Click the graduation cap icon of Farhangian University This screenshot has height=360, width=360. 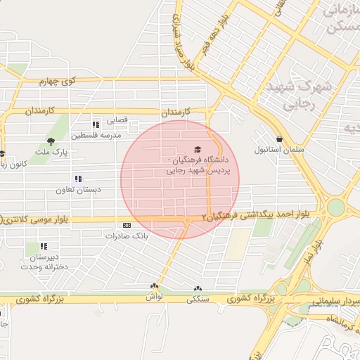click(198, 149)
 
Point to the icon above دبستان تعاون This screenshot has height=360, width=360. click(78, 179)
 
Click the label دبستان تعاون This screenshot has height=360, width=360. click(78, 190)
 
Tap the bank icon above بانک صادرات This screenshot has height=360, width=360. click(127, 225)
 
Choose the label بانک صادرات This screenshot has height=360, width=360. click(127, 236)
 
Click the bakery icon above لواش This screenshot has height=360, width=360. click(154, 286)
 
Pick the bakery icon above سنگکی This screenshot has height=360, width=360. click(197, 288)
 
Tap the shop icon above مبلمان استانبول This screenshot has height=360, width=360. click(280, 139)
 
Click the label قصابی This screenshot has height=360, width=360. click(117, 120)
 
